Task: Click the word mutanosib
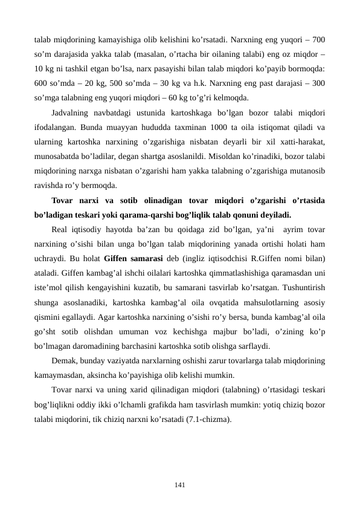click(306, 170)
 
